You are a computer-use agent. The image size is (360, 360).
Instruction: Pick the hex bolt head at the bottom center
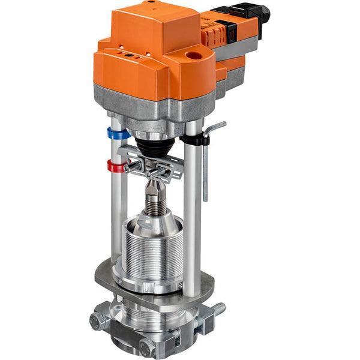tap(146, 347)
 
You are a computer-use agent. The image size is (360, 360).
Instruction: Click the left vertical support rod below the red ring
tap(118, 222)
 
